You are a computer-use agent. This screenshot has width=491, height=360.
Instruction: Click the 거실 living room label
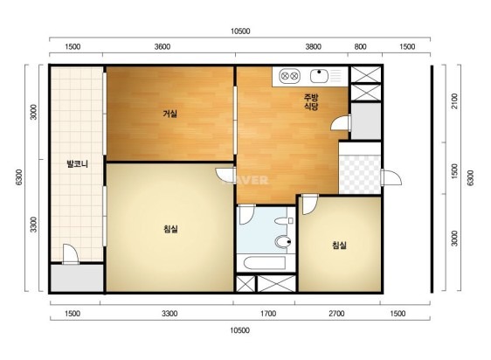tap(169, 114)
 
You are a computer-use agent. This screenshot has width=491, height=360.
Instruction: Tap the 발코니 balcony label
tap(77, 164)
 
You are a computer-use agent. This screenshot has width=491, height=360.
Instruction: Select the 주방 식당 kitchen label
tap(311, 102)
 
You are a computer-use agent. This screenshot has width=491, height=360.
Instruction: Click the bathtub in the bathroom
tap(265, 264)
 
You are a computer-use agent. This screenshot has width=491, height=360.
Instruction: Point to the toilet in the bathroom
tap(283, 242)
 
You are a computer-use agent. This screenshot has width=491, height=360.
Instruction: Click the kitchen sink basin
tap(319, 75)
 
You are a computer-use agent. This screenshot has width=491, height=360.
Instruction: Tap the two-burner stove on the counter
tap(289, 76)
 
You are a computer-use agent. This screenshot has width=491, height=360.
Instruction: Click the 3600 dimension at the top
tap(163, 46)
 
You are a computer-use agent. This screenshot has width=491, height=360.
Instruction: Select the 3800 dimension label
tap(313, 46)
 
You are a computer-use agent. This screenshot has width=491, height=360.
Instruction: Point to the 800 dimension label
tap(360, 46)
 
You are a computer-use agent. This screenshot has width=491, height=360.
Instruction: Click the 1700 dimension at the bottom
tap(268, 314)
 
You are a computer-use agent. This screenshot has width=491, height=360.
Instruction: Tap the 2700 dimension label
tap(336, 314)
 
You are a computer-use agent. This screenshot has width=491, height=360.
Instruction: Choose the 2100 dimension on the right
tap(454, 101)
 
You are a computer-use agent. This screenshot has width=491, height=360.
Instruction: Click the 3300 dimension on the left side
tap(33, 225)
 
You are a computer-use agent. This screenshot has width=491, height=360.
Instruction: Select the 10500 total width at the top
tap(240, 31)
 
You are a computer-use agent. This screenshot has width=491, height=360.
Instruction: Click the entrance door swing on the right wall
tap(391, 178)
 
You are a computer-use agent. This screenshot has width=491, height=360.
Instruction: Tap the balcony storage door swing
tap(71, 254)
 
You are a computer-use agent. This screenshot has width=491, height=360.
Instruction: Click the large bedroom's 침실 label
tap(170, 229)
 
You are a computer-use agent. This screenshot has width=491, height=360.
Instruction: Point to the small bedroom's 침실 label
tap(339, 245)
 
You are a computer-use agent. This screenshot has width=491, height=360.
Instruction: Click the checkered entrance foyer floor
tap(360, 174)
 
